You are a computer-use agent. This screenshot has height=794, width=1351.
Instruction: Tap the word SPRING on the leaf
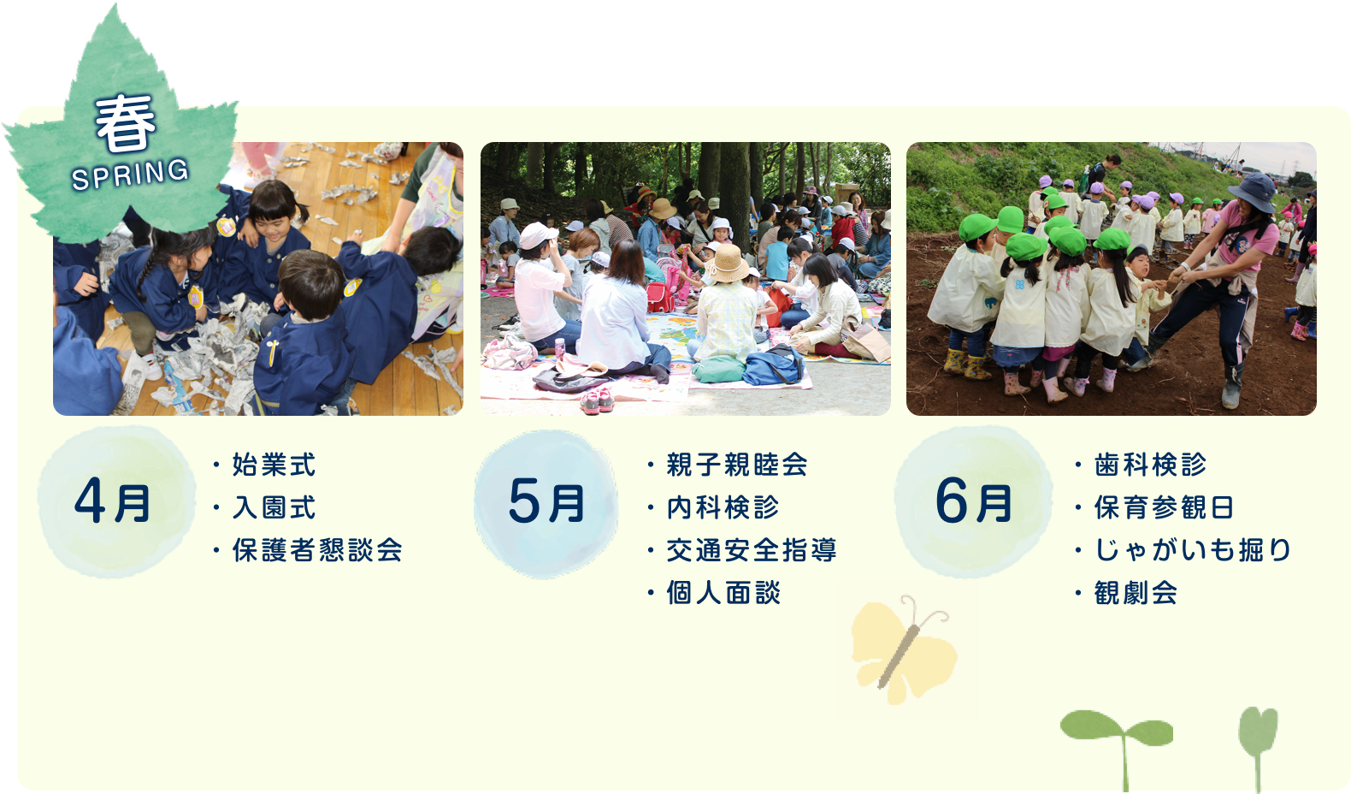(x=130, y=175)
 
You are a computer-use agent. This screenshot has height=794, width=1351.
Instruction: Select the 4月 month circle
(x=116, y=502)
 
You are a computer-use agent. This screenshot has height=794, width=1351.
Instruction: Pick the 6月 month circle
(x=973, y=502)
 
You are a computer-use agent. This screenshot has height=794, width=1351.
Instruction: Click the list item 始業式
(x=274, y=465)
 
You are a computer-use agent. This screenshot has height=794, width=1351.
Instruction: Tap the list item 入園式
(x=274, y=507)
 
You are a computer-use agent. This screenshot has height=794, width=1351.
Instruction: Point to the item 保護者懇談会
(x=317, y=550)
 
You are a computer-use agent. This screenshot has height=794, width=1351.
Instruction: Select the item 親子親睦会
(x=737, y=465)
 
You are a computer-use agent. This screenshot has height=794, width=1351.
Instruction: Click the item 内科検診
(x=723, y=507)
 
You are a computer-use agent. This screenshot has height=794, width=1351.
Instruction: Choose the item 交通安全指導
(x=752, y=550)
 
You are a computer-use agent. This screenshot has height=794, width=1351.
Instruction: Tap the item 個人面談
(x=723, y=592)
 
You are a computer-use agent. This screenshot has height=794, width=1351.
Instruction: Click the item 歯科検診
(x=1150, y=465)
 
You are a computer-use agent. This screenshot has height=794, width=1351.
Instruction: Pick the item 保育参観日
(x=1164, y=507)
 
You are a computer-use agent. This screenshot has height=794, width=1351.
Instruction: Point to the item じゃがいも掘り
(x=1192, y=550)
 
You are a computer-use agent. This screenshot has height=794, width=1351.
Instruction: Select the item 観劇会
(x=1136, y=592)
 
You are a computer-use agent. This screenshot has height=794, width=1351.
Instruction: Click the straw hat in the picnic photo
(x=728, y=264)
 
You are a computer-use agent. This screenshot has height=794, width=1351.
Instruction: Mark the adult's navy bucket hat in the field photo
(x=1253, y=192)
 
